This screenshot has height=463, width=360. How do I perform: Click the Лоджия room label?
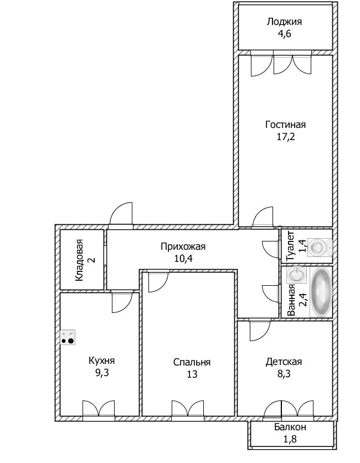[284, 22]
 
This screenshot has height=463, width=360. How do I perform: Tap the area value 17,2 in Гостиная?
[285, 137]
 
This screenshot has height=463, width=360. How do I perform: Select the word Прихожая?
[183, 246]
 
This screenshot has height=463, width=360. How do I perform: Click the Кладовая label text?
[80, 260]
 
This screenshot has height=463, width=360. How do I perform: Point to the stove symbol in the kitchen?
[68, 337]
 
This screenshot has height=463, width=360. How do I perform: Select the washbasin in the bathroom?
[296, 275]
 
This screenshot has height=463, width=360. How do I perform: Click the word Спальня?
[192, 362]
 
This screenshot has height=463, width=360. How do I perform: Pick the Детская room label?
[283, 362]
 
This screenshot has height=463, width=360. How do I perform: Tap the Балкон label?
[290, 428]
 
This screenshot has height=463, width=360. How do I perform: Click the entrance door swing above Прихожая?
[121, 214]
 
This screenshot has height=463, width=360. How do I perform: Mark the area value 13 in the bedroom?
[192, 374]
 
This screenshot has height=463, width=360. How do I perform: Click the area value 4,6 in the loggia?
[284, 34]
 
